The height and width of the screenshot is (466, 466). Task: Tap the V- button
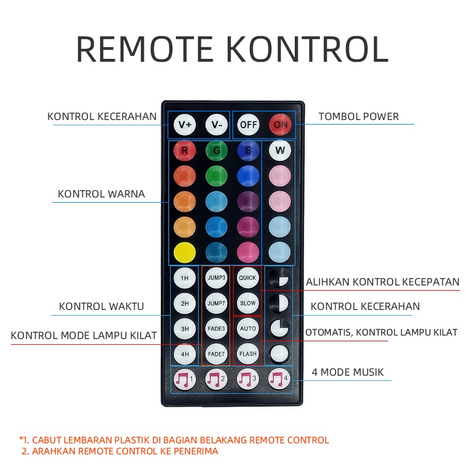[x=217, y=125]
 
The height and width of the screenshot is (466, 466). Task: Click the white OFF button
[x=248, y=125]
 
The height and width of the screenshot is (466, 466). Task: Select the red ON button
[x=280, y=125]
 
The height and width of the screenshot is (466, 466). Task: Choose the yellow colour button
[x=184, y=252]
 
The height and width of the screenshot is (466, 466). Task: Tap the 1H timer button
[x=184, y=278]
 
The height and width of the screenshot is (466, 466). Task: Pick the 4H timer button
[x=184, y=354]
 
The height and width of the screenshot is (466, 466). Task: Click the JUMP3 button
[x=216, y=278]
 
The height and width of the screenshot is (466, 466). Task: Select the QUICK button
[x=248, y=278]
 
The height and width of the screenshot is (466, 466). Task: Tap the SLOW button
[x=248, y=303]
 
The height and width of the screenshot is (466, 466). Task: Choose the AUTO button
[x=248, y=329]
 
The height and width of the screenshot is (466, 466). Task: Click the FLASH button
[x=248, y=354]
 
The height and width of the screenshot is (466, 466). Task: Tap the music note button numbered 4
[x=279, y=380]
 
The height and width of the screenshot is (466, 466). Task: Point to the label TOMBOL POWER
[x=359, y=116]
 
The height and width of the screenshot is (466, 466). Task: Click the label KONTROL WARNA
[x=101, y=194]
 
